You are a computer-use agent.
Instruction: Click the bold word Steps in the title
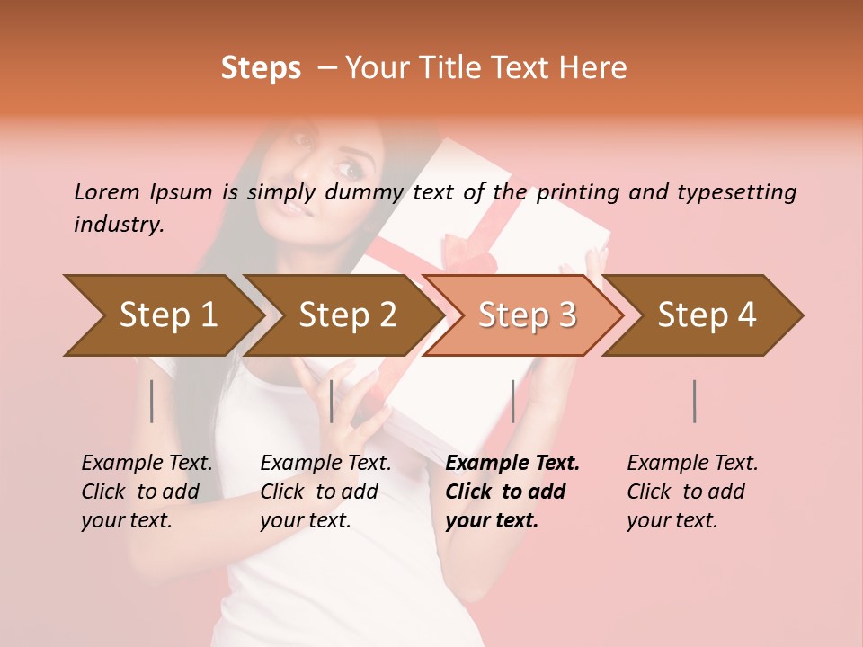(261, 68)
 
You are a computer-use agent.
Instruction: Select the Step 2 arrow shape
(347, 315)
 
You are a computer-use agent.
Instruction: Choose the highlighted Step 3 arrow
(526, 315)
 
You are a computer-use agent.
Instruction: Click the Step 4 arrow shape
(707, 315)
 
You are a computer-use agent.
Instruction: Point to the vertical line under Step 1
(152, 401)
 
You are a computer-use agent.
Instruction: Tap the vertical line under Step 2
(332, 401)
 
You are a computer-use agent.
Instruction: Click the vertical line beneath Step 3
(512, 401)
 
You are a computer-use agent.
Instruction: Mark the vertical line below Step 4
(695, 401)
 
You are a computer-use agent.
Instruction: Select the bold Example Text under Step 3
(512, 492)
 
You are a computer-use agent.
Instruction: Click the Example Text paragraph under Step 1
(147, 492)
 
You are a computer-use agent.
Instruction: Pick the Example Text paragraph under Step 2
(325, 492)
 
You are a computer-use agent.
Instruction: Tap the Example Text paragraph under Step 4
(692, 492)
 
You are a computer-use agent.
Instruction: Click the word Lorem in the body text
(106, 191)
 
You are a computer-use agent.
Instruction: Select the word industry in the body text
(119, 225)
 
